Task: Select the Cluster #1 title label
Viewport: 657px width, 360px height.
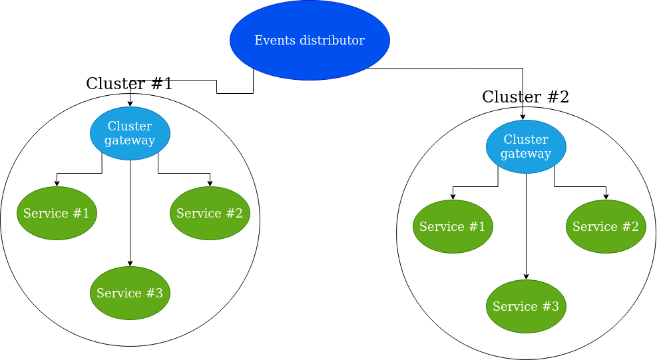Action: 129,84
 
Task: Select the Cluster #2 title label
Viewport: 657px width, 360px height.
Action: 525,97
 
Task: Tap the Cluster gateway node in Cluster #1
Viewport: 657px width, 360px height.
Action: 130,133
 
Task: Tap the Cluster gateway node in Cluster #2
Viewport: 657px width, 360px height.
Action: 526,146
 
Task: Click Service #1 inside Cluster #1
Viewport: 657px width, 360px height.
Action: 57,213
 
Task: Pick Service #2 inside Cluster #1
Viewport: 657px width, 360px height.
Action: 210,213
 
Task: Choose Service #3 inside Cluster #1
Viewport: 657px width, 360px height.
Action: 130,293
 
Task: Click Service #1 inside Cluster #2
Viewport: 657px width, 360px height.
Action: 453,226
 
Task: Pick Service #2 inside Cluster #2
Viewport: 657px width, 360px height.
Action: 606,226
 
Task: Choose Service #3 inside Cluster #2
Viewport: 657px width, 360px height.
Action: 526,306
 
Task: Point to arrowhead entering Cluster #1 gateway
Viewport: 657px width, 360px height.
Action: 130,104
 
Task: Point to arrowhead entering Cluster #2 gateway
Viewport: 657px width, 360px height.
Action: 523,117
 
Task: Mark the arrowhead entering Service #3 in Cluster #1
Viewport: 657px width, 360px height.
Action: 130,264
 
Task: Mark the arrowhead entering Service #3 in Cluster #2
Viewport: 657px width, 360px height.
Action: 526,277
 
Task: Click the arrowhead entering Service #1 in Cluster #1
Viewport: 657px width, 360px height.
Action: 57,184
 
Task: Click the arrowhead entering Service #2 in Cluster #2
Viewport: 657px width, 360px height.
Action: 606,197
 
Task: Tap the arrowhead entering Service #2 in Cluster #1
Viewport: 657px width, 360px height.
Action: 210,184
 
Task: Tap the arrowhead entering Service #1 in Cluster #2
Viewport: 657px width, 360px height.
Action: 453,197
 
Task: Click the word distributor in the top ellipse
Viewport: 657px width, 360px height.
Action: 331,41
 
